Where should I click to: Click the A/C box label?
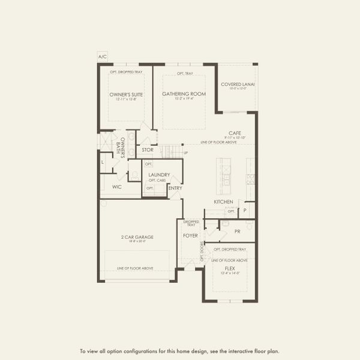(x=102, y=57)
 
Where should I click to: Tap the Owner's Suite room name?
(x=126, y=94)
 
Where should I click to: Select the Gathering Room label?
(x=184, y=94)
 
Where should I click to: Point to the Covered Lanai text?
(x=238, y=85)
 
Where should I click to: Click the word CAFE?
(x=235, y=133)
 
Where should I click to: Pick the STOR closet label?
(x=148, y=149)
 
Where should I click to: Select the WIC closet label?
(x=118, y=187)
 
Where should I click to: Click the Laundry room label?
(x=159, y=175)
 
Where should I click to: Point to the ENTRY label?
(x=175, y=188)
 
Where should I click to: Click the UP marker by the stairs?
(x=185, y=153)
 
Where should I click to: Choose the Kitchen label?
(x=223, y=202)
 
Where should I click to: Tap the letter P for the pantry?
(x=245, y=211)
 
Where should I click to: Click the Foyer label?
(x=190, y=236)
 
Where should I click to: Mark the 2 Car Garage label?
(x=137, y=237)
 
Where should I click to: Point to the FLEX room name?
(x=230, y=268)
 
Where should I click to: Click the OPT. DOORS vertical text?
(x=202, y=253)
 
